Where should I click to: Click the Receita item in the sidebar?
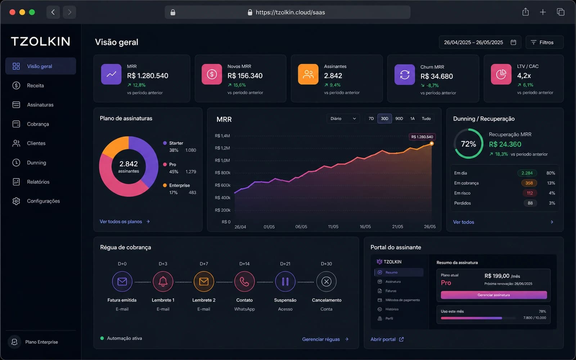pyautogui.click(x=35, y=85)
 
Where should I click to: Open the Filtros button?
pyautogui.click(x=544, y=42)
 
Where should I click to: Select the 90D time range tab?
pyautogui.click(x=399, y=118)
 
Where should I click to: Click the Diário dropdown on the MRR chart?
pyautogui.click(x=343, y=118)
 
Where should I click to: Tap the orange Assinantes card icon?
pyautogui.click(x=308, y=74)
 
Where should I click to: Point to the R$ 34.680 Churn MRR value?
pyautogui.click(x=437, y=76)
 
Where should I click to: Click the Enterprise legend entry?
pyautogui.click(x=179, y=185)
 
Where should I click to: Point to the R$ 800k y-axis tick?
pyautogui.click(x=222, y=173)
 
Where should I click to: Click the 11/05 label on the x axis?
pyautogui.click(x=333, y=227)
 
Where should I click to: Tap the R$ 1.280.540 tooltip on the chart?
pyautogui.click(x=422, y=137)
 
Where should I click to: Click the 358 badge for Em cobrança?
pyautogui.click(x=529, y=183)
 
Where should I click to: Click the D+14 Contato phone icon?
pyautogui.click(x=244, y=282)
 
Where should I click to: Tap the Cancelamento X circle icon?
pyautogui.click(x=326, y=282)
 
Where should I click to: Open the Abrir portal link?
pyautogui.click(x=387, y=339)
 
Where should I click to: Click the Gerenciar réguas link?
pyautogui.click(x=325, y=339)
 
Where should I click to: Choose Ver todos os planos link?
pyautogui.click(x=125, y=222)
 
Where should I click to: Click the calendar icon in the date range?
pyautogui.click(x=513, y=42)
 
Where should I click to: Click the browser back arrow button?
pyautogui.click(x=53, y=12)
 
